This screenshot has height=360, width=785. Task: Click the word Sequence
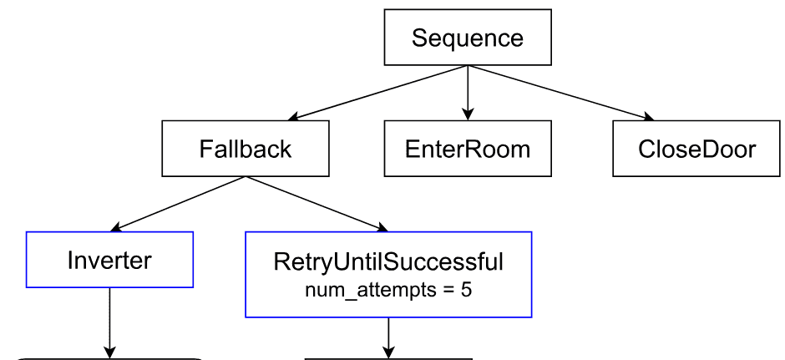click(468, 38)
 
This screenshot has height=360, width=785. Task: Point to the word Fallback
click(245, 150)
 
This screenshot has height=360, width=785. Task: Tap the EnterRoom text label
click(468, 150)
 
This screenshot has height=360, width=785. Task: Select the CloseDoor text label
click(696, 150)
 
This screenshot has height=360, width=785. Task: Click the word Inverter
click(110, 261)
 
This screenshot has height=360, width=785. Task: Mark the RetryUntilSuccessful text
click(388, 262)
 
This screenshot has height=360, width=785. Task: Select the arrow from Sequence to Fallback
click(376, 92)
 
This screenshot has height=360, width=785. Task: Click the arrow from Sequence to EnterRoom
click(468, 92)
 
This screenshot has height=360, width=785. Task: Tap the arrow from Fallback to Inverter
click(177, 203)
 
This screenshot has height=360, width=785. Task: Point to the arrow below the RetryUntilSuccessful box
click(388, 337)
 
